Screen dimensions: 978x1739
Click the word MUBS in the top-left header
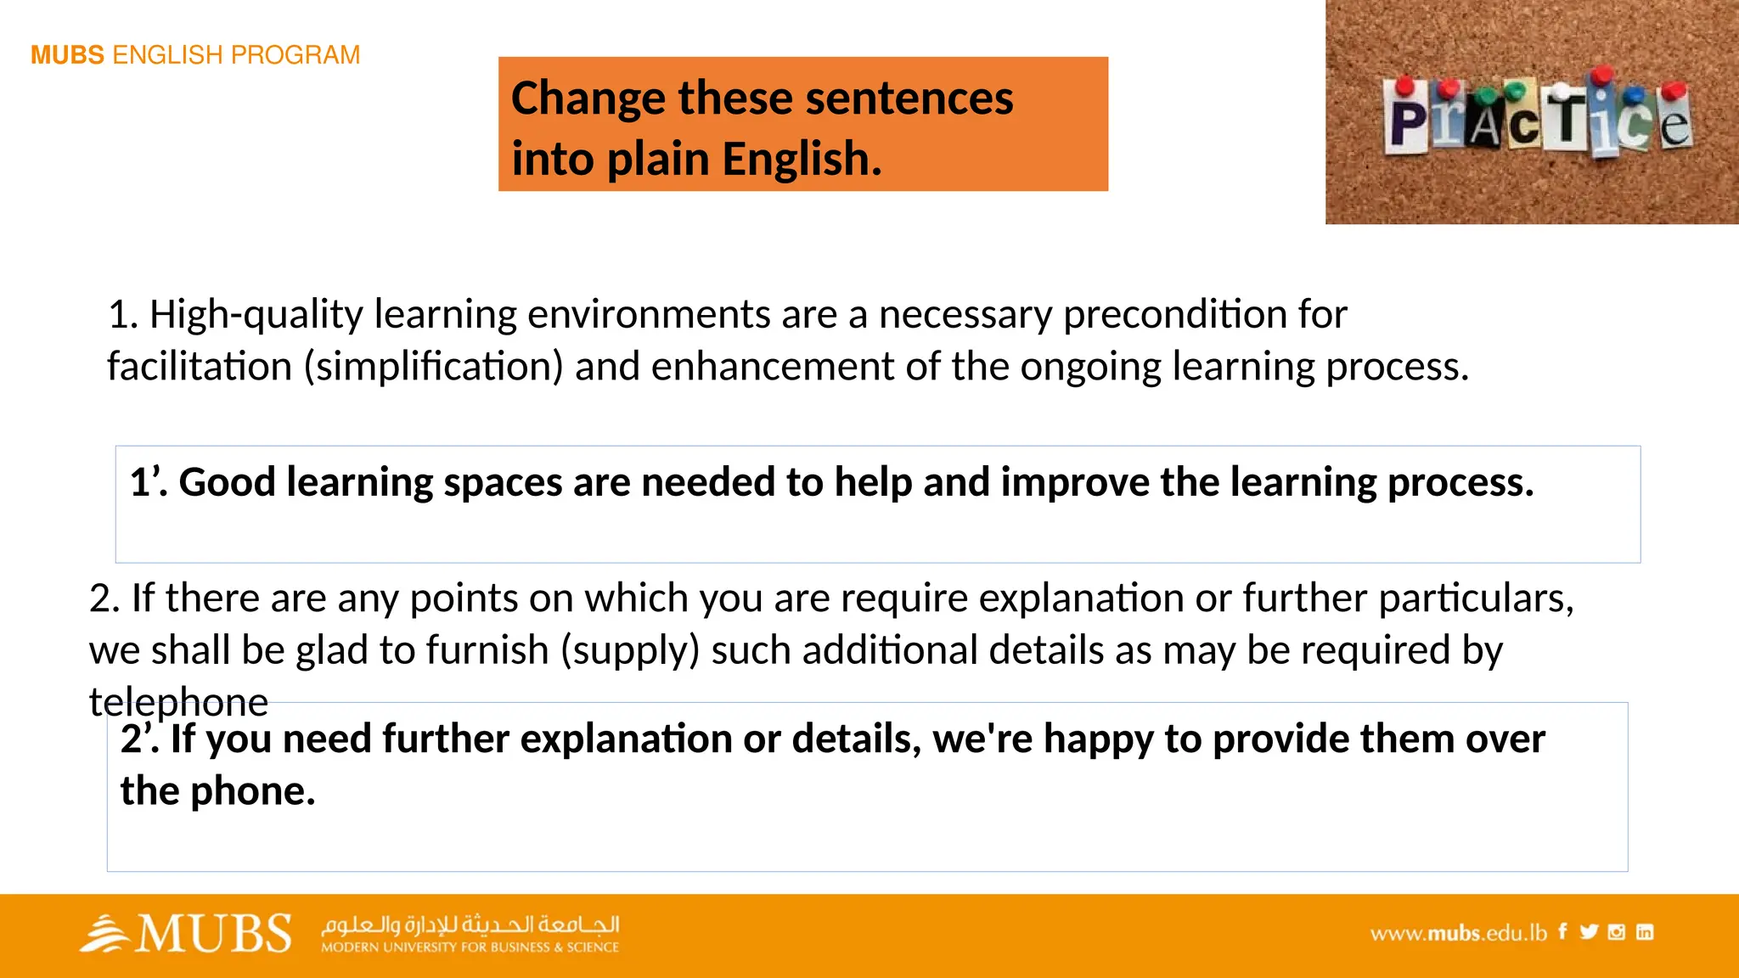click(67, 55)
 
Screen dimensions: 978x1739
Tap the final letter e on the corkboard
click(1674, 125)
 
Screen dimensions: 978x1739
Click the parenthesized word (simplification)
click(434, 367)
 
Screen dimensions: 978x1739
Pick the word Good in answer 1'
click(227, 482)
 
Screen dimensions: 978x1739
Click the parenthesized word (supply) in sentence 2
click(629, 650)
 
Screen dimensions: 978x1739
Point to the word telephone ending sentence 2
click(178, 702)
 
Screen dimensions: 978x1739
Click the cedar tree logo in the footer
click(104, 934)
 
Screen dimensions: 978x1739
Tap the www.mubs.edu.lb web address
click(1458, 933)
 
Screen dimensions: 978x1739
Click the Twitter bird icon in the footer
click(1589, 932)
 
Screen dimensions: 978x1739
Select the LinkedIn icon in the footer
click(1645, 932)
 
